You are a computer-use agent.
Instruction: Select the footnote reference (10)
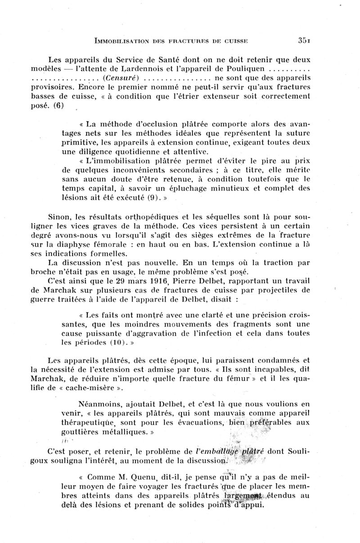108,342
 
